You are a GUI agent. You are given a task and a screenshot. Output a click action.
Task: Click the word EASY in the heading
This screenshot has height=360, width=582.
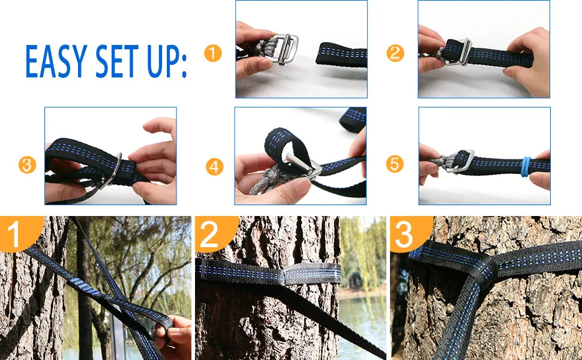pyautogui.click(x=56, y=61)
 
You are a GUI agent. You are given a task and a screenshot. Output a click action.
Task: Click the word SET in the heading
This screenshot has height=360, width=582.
pyautogui.click(x=117, y=61)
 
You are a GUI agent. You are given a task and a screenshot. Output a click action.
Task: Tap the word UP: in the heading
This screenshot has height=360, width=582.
pyautogui.click(x=167, y=62)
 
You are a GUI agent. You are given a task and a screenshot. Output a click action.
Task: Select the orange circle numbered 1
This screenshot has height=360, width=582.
pyautogui.click(x=212, y=53)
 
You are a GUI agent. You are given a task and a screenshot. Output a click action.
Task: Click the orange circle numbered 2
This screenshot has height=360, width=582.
pyautogui.click(x=395, y=53)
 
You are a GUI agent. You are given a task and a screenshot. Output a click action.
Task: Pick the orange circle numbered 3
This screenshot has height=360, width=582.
pyautogui.click(x=27, y=165)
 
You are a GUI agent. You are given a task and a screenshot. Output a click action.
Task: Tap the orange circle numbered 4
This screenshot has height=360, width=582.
pyautogui.click(x=215, y=167)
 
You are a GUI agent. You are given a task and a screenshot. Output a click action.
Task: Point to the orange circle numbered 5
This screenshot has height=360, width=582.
pyautogui.click(x=395, y=164)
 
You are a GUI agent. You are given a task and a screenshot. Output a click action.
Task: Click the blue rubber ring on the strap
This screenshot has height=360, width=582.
pyautogui.click(x=526, y=167)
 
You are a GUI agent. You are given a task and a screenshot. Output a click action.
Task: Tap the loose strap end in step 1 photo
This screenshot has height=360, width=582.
pyautogui.click(x=341, y=55)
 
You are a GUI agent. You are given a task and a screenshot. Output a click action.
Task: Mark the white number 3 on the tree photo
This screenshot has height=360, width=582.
pyautogui.click(x=404, y=235)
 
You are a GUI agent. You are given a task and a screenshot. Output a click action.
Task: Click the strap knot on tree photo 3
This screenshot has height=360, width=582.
pyautogui.click(x=482, y=268)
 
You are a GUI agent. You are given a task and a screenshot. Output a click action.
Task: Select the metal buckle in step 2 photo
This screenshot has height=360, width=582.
pyautogui.click(x=459, y=52)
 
